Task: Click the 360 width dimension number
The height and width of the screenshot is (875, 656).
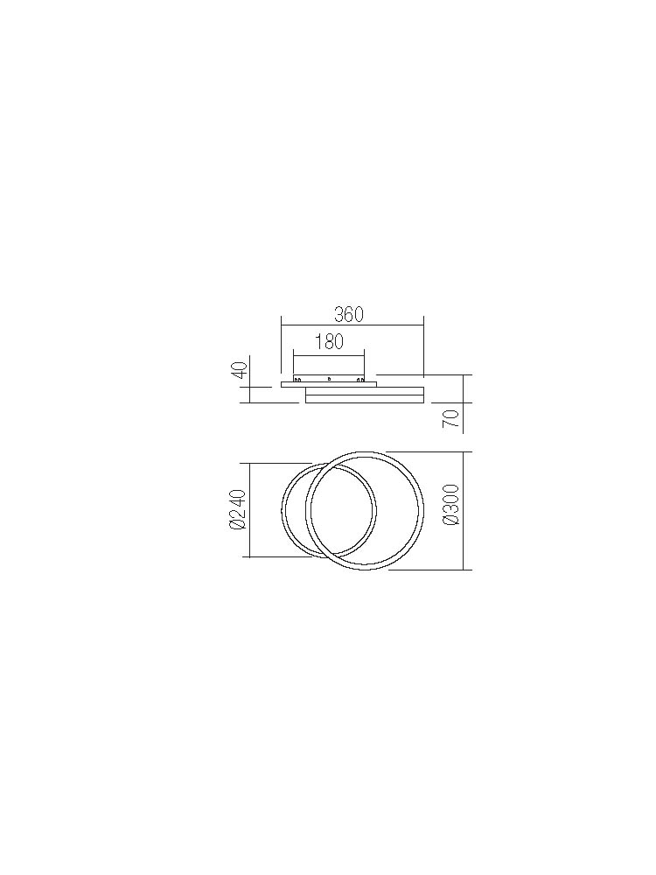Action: tap(349, 315)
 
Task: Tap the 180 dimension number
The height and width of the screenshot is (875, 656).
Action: tap(329, 341)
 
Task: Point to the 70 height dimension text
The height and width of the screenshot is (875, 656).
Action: tap(450, 418)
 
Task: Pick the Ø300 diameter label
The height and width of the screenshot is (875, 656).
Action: tap(450, 505)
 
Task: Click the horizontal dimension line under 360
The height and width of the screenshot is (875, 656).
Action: tap(352, 325)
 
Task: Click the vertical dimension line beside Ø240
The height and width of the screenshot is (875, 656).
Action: tap(249, 509)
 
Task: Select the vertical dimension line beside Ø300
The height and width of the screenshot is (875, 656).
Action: tap(464, 511)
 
